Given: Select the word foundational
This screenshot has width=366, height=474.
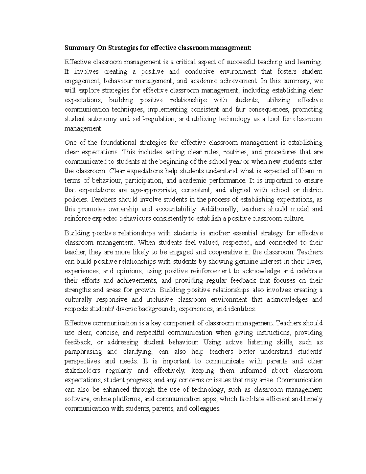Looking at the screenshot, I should pos(118,143).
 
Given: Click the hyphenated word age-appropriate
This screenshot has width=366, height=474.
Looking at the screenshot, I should pos(154,190).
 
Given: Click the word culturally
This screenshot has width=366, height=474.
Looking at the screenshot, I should pos(78,299).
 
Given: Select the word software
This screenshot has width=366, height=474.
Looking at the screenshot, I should pos(76,399).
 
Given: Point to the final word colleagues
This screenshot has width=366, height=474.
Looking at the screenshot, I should pos(204,408).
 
